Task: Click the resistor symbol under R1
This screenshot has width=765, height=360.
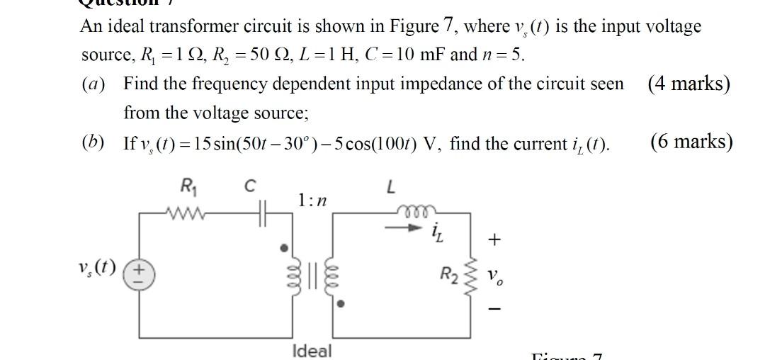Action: [x=186, y=210]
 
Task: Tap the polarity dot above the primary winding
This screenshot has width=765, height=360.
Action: [x=284, y=248]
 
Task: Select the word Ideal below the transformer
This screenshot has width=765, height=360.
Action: [x=312, y=350]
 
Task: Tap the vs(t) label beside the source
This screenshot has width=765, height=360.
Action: [x=98, y=270]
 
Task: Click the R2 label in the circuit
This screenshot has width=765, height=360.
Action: [x=448, y=274]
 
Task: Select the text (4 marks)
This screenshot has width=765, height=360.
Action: [x=688, y=84]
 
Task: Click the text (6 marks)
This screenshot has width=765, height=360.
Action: [x=691, y=142]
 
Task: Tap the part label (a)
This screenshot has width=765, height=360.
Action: [x=93, y=84]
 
